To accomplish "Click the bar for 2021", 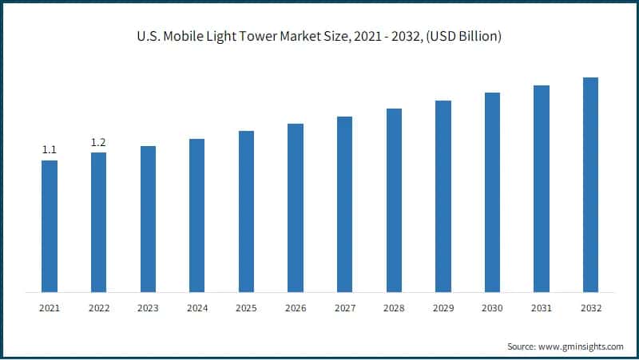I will point(50,226).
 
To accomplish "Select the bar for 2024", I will point(196,216).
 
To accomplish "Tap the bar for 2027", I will point(344,204).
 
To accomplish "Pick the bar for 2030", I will point(492,192).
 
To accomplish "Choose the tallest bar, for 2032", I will point(590,184).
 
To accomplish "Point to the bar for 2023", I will point(148,219).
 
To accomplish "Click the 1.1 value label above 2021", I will point(50,150).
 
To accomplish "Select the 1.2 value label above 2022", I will point(98,142).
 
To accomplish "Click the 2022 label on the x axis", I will point(98,307).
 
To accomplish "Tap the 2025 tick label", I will point(246,307).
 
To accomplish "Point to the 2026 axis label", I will point(296,307).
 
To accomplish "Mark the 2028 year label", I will point(394,307).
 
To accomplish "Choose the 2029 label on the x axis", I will point(443,307).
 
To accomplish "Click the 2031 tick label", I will point(542,307).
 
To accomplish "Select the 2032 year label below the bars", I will point(590,307).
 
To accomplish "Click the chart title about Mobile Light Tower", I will point(319,38).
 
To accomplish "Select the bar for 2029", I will point(443,196).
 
